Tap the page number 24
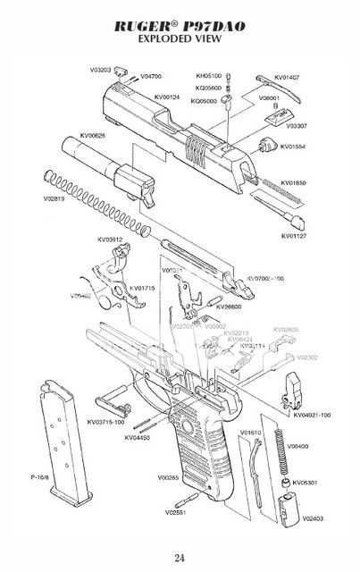pos(180,559)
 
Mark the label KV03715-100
pos(106,421)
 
